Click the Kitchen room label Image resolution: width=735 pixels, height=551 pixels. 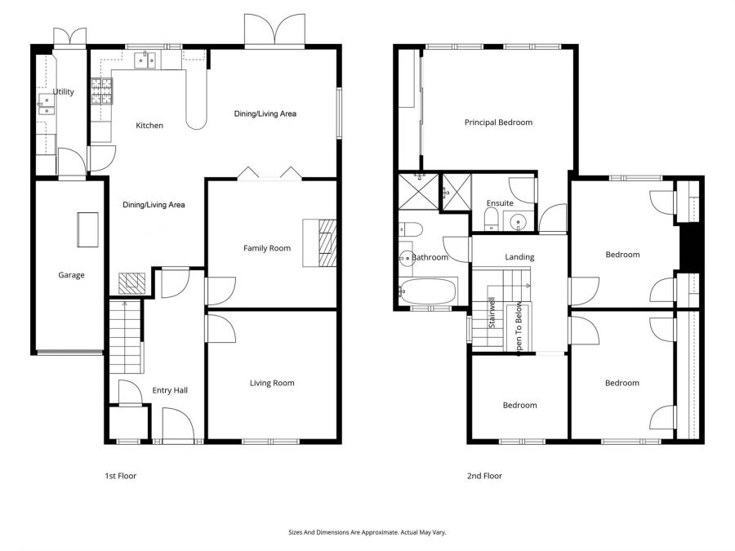click(x=149, y=126)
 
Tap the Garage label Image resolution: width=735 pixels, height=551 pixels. click(x=71, y=275)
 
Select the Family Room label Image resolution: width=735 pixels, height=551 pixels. click(x=267, y=248)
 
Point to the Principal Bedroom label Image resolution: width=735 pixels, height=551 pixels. click(x=498, y=122)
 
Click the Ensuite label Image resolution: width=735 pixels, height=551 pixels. click(x=500, y=203)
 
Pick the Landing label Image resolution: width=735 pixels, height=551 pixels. click(x=519, y=257)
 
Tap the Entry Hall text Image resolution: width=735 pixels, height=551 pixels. click(x=170, y=391)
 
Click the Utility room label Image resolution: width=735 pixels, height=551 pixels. click(x=64, y=92)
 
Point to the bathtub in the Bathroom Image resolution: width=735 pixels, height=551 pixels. click(x=428, y=291)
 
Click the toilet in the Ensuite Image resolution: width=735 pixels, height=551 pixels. click(x=492, y=218)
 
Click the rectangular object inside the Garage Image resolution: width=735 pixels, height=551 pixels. click(x=87, y=229)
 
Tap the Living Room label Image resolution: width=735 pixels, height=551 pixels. click(x=272, y=383)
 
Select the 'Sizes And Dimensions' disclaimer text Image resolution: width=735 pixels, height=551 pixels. click(x=367, y=532)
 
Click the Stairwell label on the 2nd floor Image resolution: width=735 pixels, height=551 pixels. click(x=492, y=317)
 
